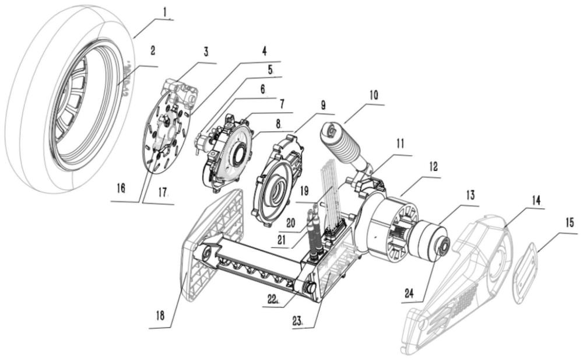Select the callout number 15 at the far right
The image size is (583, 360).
tap(569, 222)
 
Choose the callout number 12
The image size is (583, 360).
tap(432, 166)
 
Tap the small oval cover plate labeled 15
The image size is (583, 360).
tap(527, 272)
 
